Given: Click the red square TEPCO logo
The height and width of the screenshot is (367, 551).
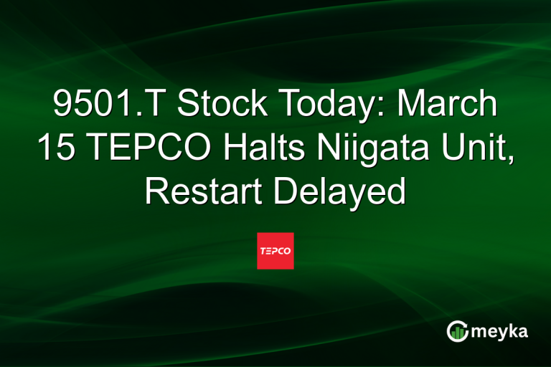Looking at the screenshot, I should pyautogui.click(x=275, y=251).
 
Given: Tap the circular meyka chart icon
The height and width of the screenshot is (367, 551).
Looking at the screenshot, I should pyautogui.click(x=458, y=330).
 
